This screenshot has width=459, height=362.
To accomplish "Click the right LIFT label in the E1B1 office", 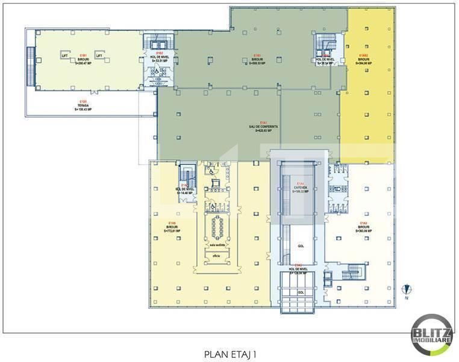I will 99,55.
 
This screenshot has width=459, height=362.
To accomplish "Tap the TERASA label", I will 84,107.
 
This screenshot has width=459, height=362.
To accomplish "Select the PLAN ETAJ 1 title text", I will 230,355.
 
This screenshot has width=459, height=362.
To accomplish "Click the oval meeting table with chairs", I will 217,226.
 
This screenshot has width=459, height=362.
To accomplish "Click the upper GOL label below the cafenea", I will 301,246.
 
